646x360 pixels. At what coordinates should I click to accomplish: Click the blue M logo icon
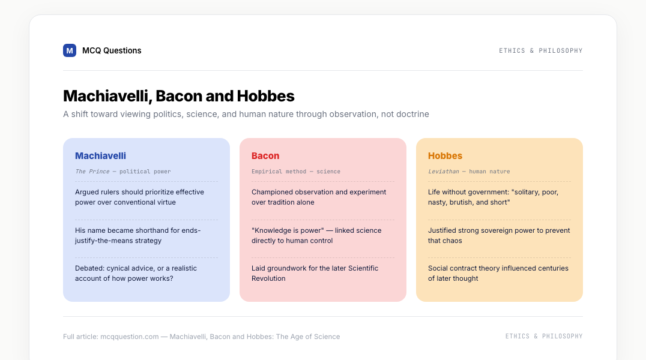70,50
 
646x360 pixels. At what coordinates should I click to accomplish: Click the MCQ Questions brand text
112,50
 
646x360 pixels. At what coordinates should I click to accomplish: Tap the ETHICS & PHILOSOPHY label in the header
540,50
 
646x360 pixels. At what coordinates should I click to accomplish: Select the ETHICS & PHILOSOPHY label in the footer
544,336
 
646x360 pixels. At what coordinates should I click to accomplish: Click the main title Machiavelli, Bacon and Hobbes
179,96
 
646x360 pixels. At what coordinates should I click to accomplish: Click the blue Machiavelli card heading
100,155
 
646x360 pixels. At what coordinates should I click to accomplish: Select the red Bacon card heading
265,155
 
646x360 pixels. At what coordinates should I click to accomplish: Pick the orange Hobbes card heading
445,155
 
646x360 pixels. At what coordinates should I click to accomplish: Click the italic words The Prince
92,172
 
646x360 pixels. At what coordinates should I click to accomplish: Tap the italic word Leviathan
443,172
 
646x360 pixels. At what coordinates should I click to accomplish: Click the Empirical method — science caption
296,172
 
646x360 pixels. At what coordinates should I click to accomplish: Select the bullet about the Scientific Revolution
315,273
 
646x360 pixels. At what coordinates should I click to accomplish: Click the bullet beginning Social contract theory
498,273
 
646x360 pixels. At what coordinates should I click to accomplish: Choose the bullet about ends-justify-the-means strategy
137,235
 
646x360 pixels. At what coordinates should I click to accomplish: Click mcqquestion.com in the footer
129,337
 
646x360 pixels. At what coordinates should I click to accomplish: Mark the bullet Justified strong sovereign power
499,235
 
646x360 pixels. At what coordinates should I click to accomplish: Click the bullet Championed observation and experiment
319,197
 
